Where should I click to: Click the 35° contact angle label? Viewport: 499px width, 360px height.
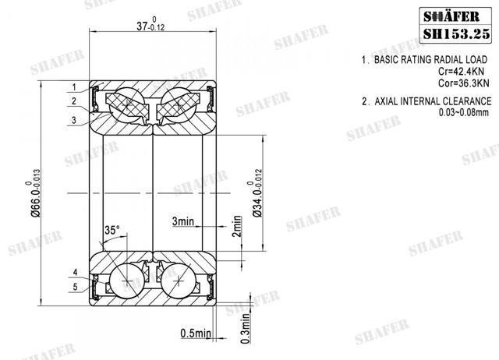click(x=112, y=231)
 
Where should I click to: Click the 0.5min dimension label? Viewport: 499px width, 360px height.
click(x=196, y=334)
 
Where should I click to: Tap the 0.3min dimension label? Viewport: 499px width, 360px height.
click(x=246, y=322)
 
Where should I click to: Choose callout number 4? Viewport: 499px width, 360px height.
click(x=75, y=272)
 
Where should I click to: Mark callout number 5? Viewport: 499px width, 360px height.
click(x=75, y=286)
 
